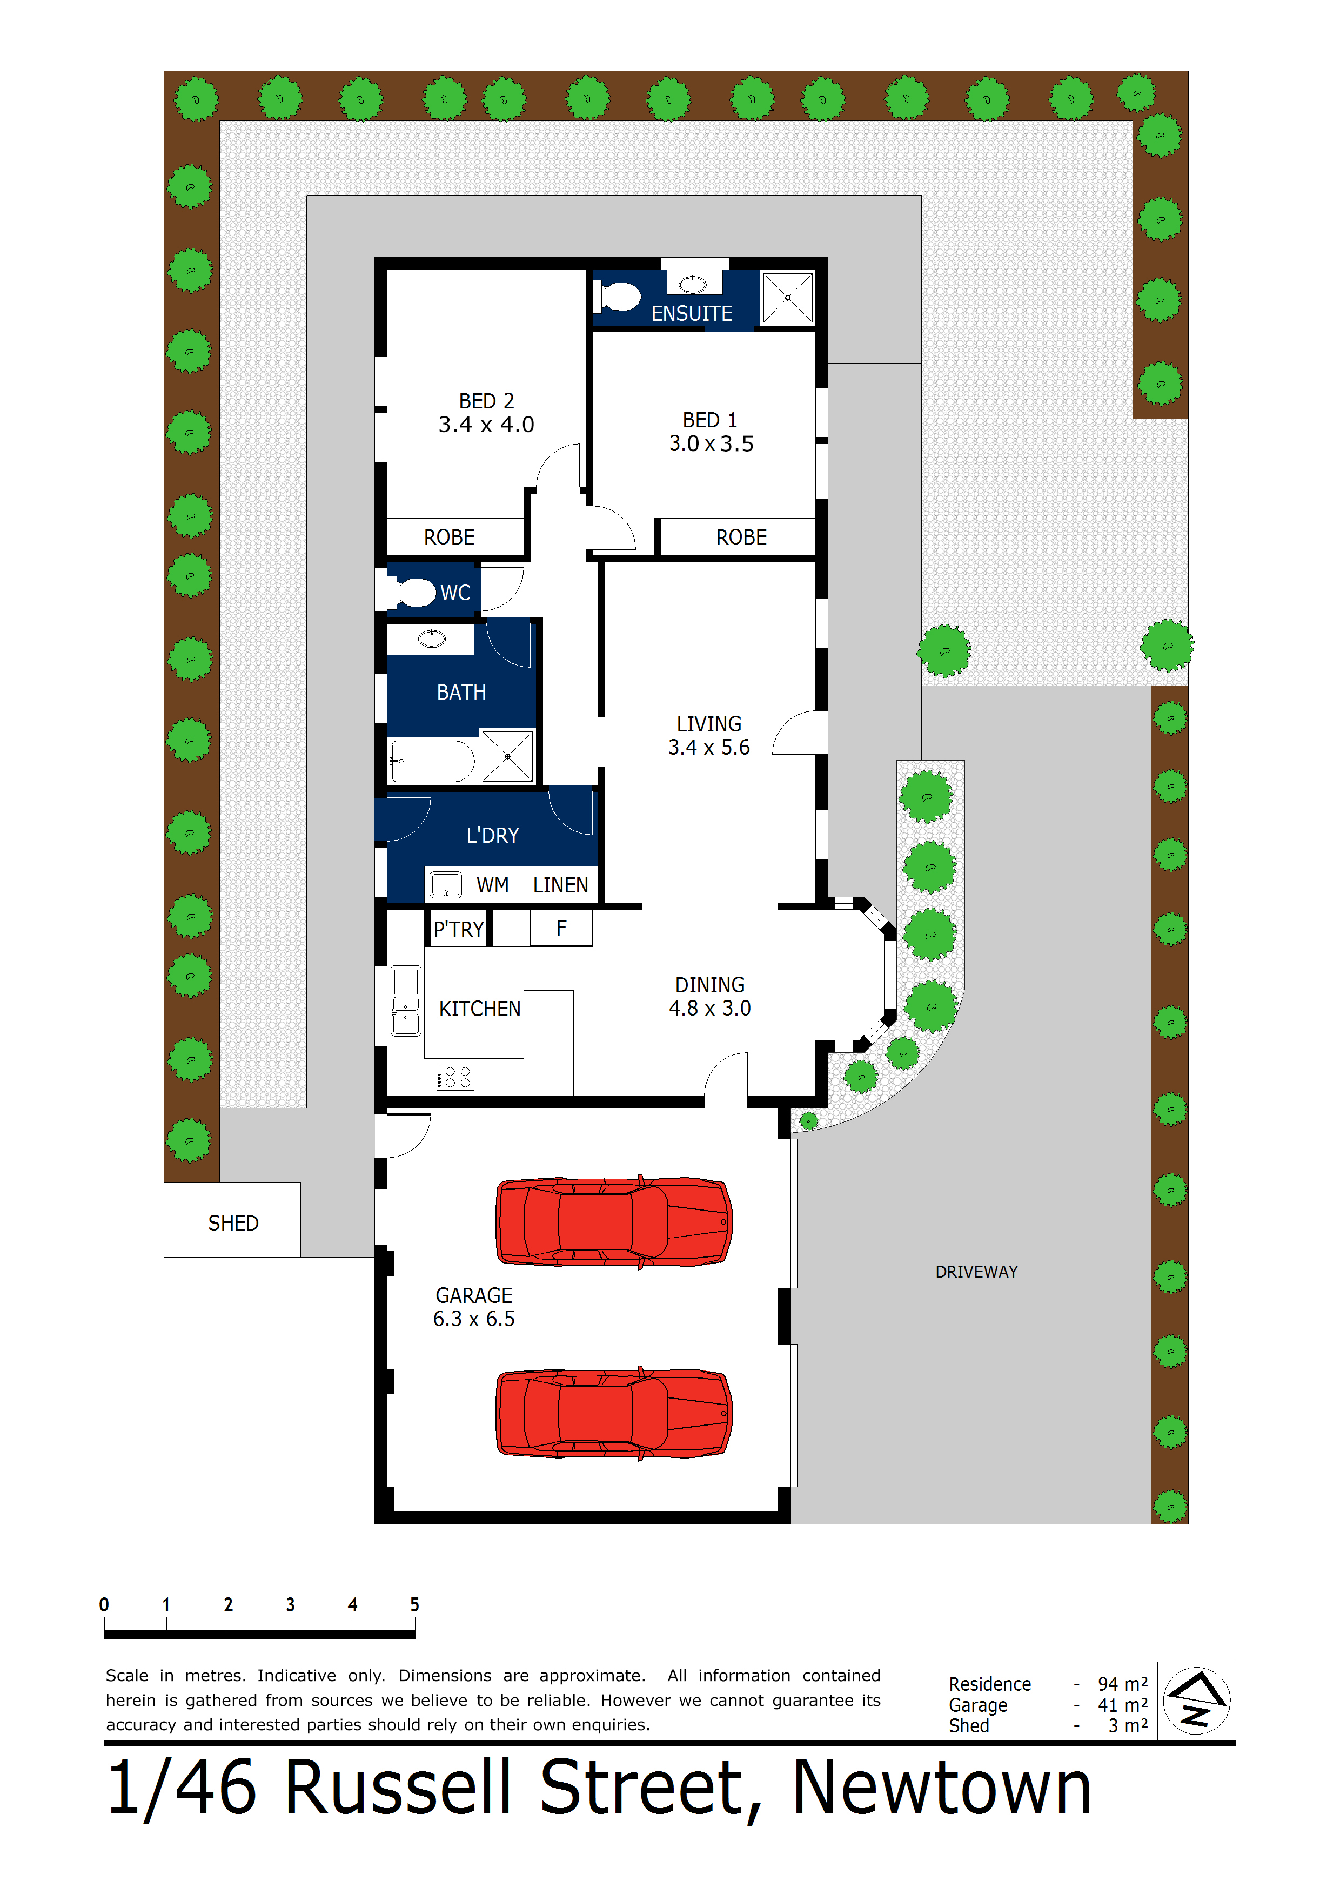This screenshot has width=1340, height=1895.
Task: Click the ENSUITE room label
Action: click(691, 314)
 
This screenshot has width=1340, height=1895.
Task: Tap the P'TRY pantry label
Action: click(458, 929)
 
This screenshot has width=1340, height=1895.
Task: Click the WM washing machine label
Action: click(492, 885)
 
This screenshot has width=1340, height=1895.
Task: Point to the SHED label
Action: click(233, 1223)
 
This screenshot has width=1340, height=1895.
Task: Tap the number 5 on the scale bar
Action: click(414, 1604)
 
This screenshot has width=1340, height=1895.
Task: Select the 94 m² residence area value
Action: click(1122, 1684)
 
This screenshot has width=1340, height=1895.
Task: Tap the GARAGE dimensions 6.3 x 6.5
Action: click(473, 1319)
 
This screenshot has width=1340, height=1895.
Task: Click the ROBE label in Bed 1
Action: click(741, 537)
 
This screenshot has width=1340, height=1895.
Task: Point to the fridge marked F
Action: click(561, 929)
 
